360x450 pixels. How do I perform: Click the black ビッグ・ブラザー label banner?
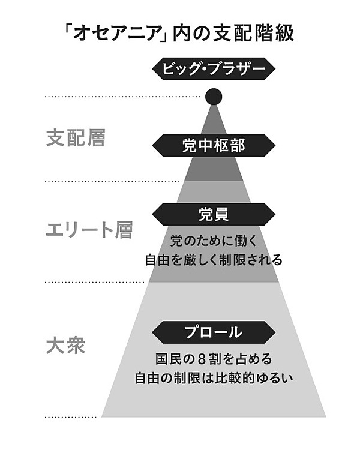(214, 69)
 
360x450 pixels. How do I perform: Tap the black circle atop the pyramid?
(214, 96)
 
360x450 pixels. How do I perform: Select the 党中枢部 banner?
(214, 145)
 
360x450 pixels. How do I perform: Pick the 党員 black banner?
(214, 214)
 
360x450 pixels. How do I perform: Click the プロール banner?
(214, 332)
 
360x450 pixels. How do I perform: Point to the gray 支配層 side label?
(76, 139)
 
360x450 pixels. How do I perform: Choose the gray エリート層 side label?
(89, 230)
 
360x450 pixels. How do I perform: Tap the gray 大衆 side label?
(67, 347)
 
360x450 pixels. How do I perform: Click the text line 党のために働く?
(214, 241)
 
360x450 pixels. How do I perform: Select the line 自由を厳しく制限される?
(214, 261)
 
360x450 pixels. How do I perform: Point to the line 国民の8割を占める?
(214, 359)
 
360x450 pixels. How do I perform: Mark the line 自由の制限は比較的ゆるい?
(214, 380)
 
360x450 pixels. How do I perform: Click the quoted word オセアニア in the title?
(114, 33)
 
